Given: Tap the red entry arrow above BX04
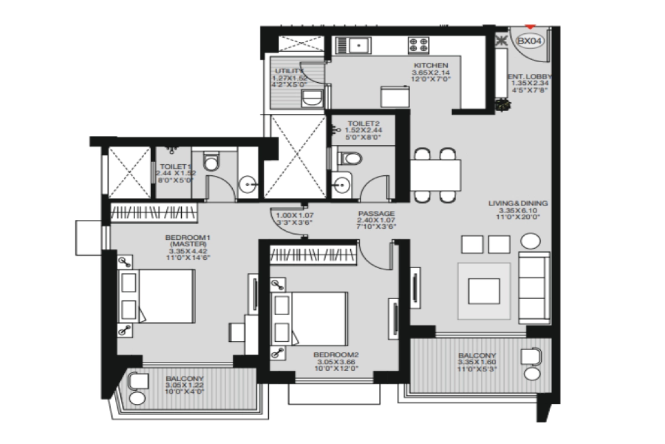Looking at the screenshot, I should pos(531,26).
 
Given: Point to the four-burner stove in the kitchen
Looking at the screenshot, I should pos(418,44).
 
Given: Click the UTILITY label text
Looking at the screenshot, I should pos(289,72).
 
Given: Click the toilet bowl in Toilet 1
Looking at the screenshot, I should pos(211,162).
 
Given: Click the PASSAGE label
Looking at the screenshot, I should pos(376,213).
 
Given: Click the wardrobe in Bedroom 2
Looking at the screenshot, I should pos(314,255).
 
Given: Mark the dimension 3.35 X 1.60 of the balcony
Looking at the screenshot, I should pos(477,364).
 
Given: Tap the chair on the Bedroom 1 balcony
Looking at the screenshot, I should pos(138,382).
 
